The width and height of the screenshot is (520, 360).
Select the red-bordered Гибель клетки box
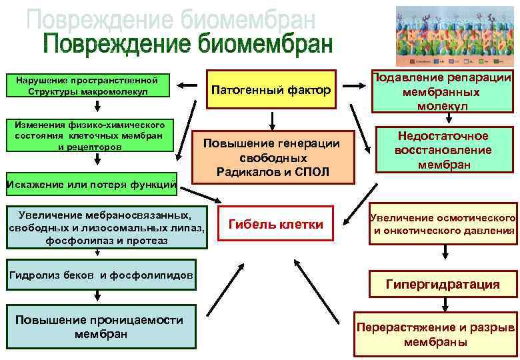275,225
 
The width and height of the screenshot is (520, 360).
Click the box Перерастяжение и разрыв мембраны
435,335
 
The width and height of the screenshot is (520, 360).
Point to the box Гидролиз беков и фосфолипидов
101,275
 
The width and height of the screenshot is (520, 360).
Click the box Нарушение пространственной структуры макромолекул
91,85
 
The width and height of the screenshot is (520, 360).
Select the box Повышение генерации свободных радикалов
271,158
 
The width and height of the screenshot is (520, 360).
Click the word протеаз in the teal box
148,240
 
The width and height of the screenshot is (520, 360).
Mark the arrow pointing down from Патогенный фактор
272,120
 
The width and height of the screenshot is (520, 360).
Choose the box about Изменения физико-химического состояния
91,135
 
